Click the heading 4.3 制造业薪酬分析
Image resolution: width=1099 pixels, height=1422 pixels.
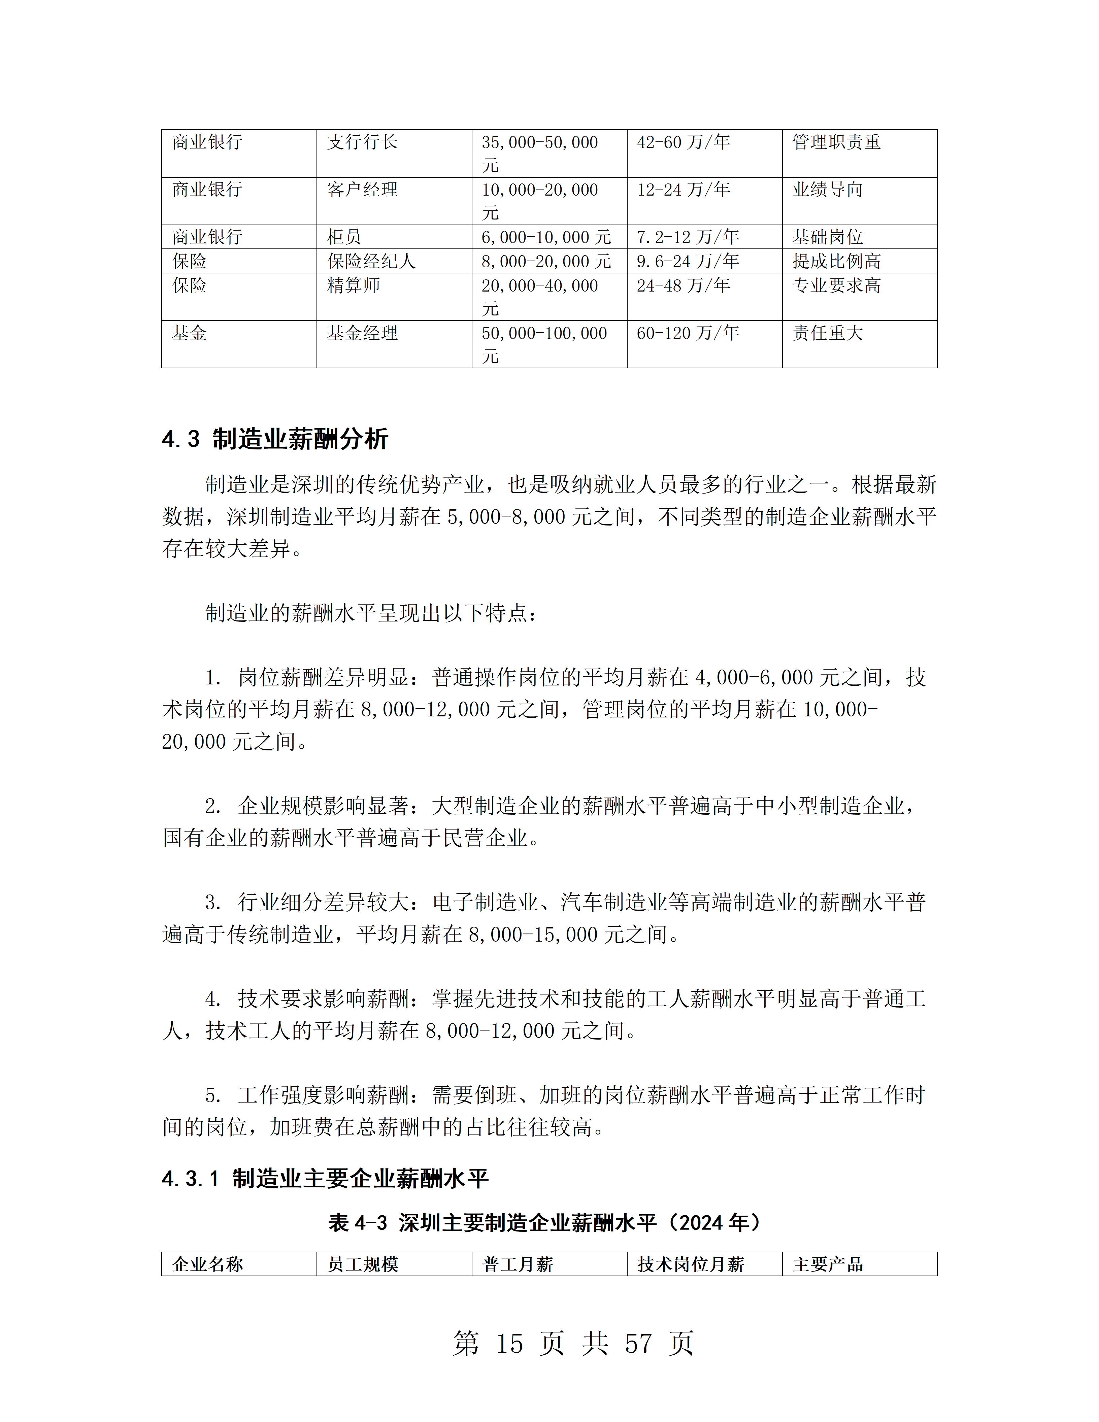(x=275, y=439)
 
